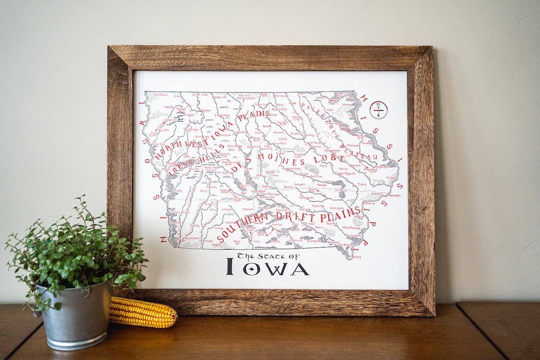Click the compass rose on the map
(378, 109)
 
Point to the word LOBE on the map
(329, 159)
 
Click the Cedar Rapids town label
(346, 173)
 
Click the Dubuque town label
(368, 143)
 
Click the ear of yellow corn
(143, 312)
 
